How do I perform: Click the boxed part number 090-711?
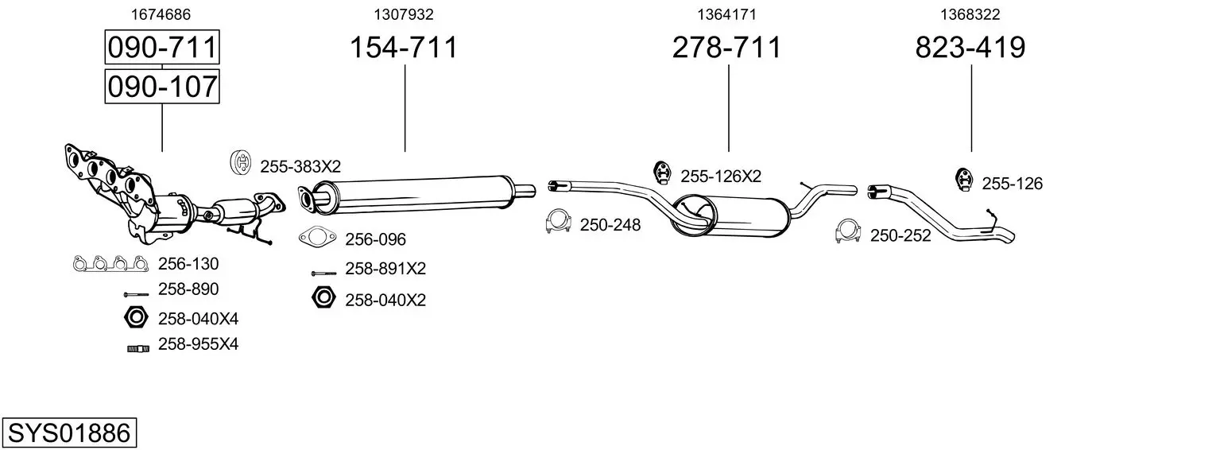tap(162, 48)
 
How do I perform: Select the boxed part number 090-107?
tap(162, 86)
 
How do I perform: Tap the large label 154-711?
tap(405, 48)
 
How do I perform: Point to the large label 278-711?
tap(727, 48)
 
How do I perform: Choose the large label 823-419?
tap(970, 48)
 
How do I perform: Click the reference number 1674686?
tap(161, 14)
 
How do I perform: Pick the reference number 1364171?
tap(726, 14)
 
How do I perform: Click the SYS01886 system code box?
tap(68, 433)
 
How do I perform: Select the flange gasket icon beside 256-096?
tap(317, 236)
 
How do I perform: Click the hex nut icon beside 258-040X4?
tap(136, 317)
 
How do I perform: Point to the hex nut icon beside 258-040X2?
tap(323, 298)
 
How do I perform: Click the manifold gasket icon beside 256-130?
tap(110, 263)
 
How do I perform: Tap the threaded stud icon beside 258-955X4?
tap(137, 347)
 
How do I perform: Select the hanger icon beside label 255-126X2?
tap(662, 172)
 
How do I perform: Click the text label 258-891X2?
tap(385, 269)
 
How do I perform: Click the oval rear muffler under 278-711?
tap(731, 216)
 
